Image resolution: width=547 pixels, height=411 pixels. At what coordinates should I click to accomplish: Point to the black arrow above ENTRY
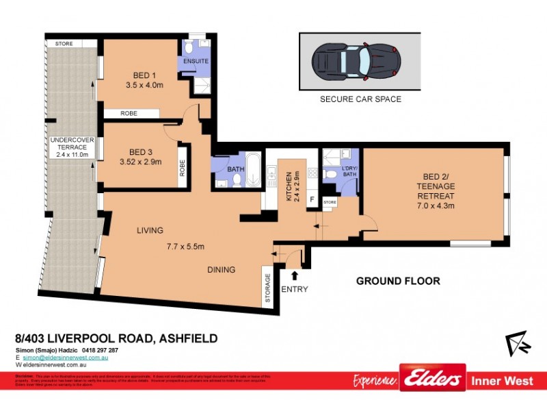point(295,276)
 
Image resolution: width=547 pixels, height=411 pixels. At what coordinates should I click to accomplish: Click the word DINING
point(222,270)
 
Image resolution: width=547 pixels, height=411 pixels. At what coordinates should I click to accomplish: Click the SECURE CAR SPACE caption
point(360,99)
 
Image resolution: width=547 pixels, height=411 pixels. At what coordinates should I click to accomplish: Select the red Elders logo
point(433,379)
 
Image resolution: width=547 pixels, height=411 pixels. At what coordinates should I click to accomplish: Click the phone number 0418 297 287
point(99,350)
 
